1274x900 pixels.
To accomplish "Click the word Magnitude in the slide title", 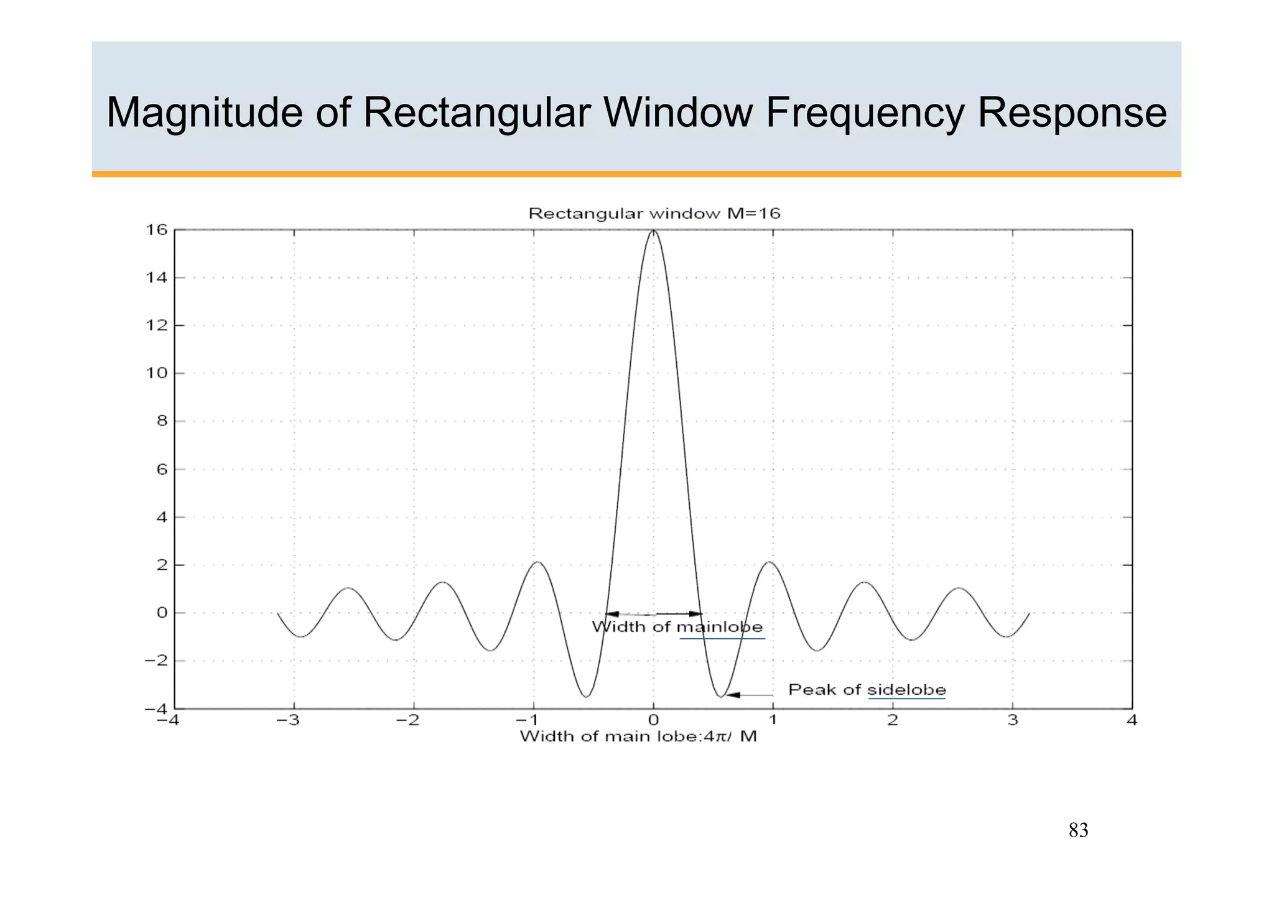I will (x=203, y=113).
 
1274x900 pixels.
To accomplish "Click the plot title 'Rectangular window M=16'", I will (x=654, y=214).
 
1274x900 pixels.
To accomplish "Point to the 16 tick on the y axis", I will (x=157, y=230).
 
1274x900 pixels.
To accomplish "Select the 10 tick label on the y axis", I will (x=157, y=373).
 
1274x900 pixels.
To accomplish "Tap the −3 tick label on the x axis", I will (x=288, y=720).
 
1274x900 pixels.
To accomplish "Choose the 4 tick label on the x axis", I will (x=1132, y=720).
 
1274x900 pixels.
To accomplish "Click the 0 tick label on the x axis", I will (x=653, y=720).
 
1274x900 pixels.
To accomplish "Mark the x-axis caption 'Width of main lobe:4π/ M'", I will (x=638, y=737).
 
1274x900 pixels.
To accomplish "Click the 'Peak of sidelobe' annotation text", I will (x=867, y=690).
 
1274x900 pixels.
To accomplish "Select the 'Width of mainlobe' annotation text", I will (x=677, y=627).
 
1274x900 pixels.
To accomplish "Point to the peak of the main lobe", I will (x=653, y=231).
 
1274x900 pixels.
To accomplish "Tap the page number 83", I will (x=1078, y=830).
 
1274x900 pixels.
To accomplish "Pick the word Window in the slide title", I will (x=677, y=113).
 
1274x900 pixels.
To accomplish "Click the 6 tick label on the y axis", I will (x=162, y=469).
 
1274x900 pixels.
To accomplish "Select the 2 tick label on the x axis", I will (x=893, y=720).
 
